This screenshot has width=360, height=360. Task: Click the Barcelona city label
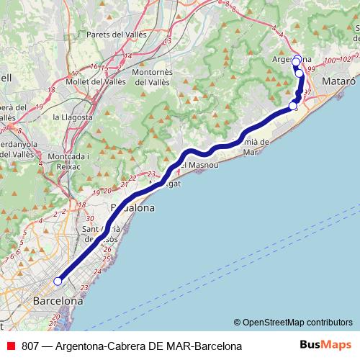(58, 301)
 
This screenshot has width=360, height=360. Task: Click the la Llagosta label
(72, 117)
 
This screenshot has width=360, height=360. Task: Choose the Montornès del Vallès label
(157, 77)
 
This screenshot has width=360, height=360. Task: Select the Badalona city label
(132, 208)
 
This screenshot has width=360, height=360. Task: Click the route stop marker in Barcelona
(58, 282)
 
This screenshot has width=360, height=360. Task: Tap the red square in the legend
(9, 346)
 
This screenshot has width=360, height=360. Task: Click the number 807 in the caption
(30, 346)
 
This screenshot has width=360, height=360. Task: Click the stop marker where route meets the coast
(292, 107)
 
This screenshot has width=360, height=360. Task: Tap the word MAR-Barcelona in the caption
(201, 346)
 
